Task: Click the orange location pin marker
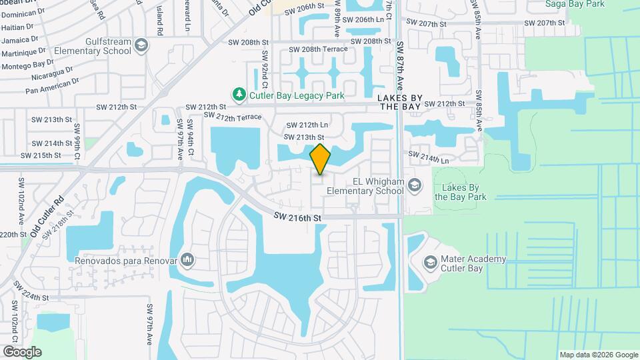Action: (321, 159)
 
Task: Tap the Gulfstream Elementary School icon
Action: (141, 45)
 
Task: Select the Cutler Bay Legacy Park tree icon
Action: (239, 95)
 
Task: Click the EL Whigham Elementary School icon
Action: (414, 185)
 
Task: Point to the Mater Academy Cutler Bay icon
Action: (430, 263)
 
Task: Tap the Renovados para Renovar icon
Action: (187, 259)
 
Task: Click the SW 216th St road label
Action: (297, 217)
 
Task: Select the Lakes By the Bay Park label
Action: (461, 192)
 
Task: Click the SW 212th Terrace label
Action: (233, 117)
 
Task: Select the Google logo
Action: (22, 352)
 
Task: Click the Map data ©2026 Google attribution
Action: (599, 355)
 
